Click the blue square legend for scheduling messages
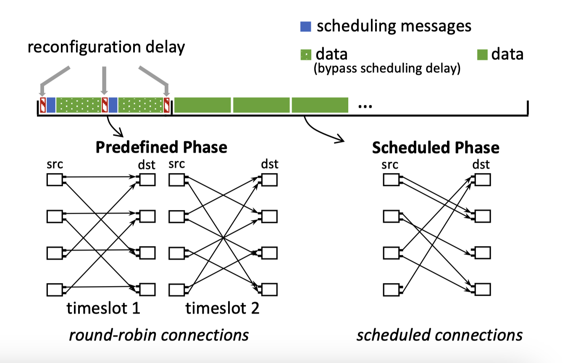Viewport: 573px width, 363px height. tap(305, 26)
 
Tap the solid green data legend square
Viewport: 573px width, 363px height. tap(482, 55)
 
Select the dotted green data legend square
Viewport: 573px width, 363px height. tap(305, 55)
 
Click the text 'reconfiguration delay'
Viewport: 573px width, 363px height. tap(106, 47)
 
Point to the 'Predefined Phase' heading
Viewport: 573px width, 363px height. tap(161, 147)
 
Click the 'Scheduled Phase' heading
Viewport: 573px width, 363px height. tap(436, 147)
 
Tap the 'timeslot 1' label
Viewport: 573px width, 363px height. tap(103, 309)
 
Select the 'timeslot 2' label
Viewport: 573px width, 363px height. tap(222, 309)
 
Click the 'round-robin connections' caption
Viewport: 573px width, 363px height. tap(159, 335)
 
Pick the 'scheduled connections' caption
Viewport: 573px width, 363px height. tap(439, 335)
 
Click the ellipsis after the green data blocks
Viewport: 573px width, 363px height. tap(365, 105)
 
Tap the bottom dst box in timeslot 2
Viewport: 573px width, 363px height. tap(269, 289)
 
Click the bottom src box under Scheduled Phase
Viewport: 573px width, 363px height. tap(392, 289)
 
